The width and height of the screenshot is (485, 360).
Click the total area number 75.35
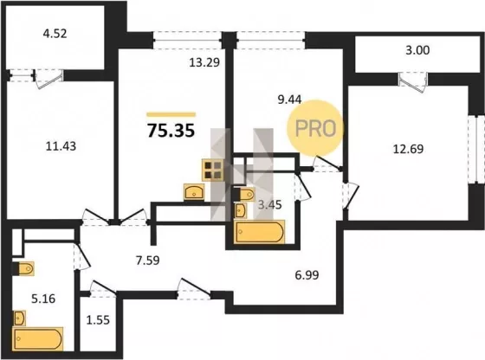click(171, 130)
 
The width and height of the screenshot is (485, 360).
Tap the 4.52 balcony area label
click(55, 34)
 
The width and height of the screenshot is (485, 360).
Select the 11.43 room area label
click(61, 146)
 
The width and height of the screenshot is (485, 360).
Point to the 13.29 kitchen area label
click(204, 62)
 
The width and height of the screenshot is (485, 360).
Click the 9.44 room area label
click(289, 100)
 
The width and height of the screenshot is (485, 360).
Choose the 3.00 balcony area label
click(417, 50)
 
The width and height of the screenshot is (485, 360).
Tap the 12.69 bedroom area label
click(408, 149)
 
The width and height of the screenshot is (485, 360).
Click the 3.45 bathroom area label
click(269, 204)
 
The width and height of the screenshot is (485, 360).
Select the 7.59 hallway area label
click(148, 260)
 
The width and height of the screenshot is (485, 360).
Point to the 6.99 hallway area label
click(307, 274)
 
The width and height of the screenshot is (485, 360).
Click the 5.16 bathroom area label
click(43, 299)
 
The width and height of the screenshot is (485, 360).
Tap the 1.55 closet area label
click(98, 320)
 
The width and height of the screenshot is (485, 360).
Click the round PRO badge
click(315, 127)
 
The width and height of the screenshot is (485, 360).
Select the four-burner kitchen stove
click(213, 170)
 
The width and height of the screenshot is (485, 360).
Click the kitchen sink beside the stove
click(194, 192)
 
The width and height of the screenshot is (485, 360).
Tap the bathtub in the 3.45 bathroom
click(259, 232)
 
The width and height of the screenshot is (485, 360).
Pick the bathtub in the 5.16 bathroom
click(38, 338)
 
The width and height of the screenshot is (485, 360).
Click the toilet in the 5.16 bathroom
click(23, 268)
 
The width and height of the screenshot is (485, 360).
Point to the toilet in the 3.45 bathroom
click(243, 194)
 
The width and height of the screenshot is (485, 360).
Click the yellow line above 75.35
click(171, 114)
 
